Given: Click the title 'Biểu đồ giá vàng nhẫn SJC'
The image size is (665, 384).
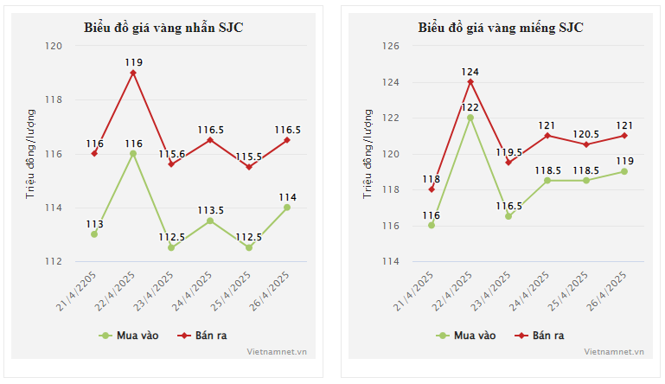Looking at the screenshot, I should pyautogui.click(x=163, y=28).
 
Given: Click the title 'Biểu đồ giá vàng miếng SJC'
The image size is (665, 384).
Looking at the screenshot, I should pyautogui.click(x=501, y=28).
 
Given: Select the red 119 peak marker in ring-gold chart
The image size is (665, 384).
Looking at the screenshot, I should pyautogui.click(x=133, y=73).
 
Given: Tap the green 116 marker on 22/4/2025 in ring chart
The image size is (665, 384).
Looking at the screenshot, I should pyautogui.click(x=133, y=153).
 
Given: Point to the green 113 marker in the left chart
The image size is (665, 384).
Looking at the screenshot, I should pyautogui.click(x=94, y=234).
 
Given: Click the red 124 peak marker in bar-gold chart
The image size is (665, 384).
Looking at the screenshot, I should pyautogui.click(x=470, y=82).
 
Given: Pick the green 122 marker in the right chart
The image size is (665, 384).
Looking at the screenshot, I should pyautogui.click(x=470, y=118).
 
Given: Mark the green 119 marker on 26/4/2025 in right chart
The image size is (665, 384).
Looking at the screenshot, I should pyautogui.click(x=624, y=171).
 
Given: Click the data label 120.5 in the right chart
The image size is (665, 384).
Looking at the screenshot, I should pyautogui.click(x=585, y=134).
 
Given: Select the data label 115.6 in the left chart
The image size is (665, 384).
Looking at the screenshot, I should pyautogui.click(x=171, y=154).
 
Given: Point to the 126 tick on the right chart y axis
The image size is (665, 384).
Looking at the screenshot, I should pyautogui.click(x=391, y=46).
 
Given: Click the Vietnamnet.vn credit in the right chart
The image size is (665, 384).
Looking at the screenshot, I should pyautogui.click(x=614, y=352).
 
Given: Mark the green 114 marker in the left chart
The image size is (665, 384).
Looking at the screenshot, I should pyautogui.click(x=287, y=207).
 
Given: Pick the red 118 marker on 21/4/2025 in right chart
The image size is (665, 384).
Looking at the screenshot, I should pyautogui.click(x=432, y=189).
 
